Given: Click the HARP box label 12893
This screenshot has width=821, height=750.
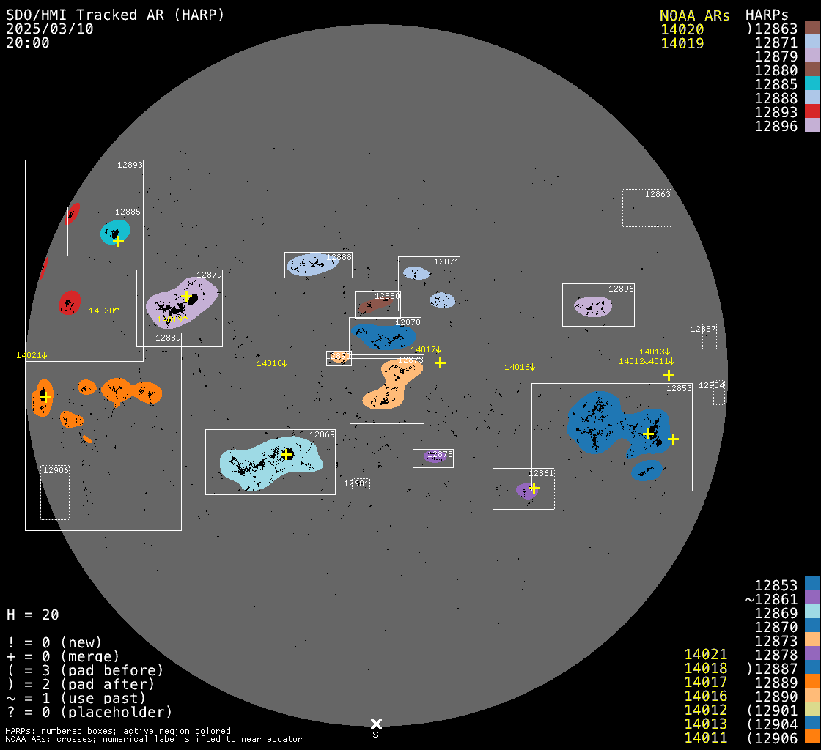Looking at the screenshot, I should click(130, 165).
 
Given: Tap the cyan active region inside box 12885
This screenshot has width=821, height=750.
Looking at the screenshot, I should click(114, 231).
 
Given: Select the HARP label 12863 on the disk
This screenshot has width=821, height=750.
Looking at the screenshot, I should click(658, 194).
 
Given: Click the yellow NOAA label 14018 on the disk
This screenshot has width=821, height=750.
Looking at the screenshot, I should click(272, 363).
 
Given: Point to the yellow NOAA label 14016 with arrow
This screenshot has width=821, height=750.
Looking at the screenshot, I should click(520, 367).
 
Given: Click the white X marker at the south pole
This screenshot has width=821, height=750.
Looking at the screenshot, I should click(376, 724).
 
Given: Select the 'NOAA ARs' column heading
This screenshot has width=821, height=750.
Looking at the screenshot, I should click(694, 15).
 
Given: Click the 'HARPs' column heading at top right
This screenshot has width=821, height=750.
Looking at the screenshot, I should click(767, 15).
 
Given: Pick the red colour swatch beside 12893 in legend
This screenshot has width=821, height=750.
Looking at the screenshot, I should click(811, 111).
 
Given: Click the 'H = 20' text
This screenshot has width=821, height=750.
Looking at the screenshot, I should click(33, 615).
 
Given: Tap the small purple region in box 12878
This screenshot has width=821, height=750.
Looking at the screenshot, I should click(433, 457).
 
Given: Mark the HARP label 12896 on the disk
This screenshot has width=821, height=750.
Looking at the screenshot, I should click(621, 289).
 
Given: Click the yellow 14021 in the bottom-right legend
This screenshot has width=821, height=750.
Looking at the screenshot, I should click(705, 654).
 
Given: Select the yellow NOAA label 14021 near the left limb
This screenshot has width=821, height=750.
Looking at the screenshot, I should click(32, 355).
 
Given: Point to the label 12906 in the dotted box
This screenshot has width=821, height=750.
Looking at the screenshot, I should click(56, 470).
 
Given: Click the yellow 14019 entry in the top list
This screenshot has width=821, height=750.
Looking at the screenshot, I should click(682, 43).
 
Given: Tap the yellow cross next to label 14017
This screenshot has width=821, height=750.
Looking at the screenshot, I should click(440, 363).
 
